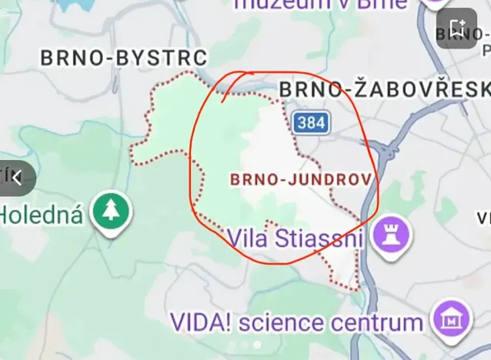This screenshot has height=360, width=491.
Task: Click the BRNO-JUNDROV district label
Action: click(301, 179)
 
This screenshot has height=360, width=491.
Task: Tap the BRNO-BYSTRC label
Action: click(124, 58)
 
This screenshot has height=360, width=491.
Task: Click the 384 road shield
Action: click(311, 122)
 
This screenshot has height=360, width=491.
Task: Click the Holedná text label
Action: click(41, 214)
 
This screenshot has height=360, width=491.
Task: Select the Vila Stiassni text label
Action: click(294, 238)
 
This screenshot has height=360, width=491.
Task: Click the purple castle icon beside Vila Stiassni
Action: click(391, 235)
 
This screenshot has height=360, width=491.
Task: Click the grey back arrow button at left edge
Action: click(16, 178)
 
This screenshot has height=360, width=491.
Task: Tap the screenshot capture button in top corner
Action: click(456, 28)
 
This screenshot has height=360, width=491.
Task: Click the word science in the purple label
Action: click(281, 322)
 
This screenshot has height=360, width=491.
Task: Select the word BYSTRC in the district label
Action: click(169, 58)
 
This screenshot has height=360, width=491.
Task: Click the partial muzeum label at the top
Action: click(319, 5)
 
